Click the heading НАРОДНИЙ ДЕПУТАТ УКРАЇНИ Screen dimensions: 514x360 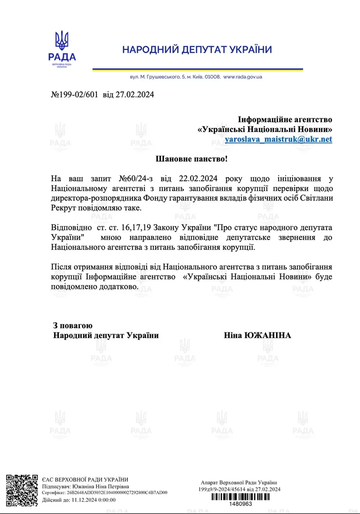pos(197,50)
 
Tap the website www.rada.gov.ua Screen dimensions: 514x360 pos(243,77)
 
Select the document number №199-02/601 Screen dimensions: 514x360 pos(75,95)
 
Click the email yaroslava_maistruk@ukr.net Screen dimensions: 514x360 pos(279,139)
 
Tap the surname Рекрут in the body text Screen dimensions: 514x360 pos(65,208)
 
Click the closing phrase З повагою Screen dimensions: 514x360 pos(73,326)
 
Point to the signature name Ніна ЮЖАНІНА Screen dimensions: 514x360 pos(258,335)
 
